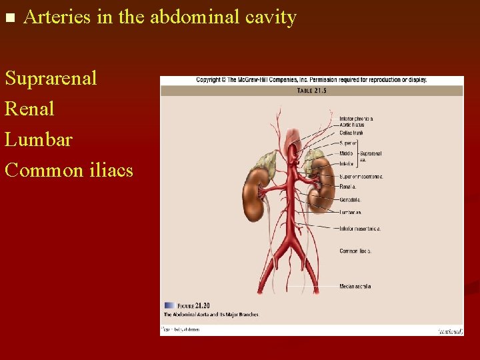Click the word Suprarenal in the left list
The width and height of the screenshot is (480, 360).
pyautogui.click(x=51, y=78)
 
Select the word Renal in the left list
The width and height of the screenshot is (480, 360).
pyautogui.click(x=29, y=109)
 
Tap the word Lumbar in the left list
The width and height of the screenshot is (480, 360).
pyautogui.click(x=39, y=139)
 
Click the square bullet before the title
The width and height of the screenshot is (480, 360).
pyautogui.click(x=9, y=18)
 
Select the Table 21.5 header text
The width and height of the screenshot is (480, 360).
pyautogui.click(x=311, y=91)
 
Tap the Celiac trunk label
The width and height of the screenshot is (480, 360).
pyautogui.click(x=351, y=132)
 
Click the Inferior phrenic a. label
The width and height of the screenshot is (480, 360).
pyautogui.click(x=356, y=119)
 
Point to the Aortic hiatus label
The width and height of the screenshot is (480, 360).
pyautogui.click(x=351, y=125)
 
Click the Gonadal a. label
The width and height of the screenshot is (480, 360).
pyautogui.click(x=350, y=199)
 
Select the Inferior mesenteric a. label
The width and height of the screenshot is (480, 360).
pyautogui.click(x=359, y=229)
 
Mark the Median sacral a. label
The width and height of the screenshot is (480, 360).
pyautogui.click(x=355, y=287)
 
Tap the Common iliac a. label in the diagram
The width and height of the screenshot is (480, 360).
pyautogui.click(x=355, y=251)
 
